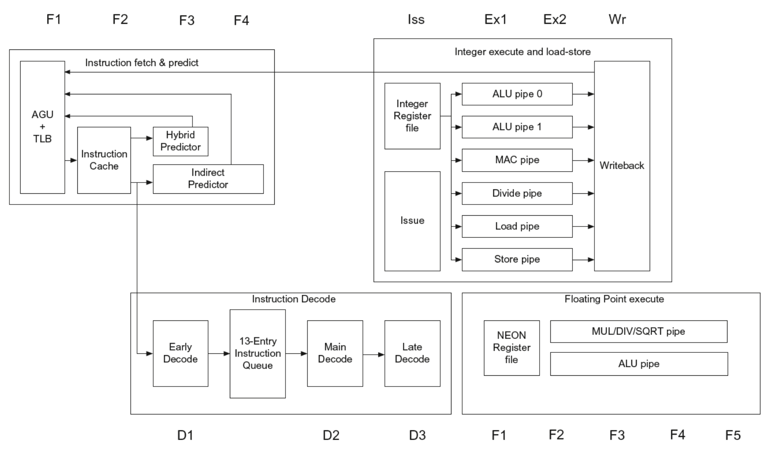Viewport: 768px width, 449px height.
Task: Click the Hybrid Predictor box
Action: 180,141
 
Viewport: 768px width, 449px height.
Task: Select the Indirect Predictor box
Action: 208,179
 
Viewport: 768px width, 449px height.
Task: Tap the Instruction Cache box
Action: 104,160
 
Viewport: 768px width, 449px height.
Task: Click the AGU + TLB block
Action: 42,127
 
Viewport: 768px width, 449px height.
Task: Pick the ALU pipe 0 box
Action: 517,94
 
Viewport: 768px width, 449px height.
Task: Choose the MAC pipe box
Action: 517,160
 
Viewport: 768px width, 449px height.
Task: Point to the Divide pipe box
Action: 517,193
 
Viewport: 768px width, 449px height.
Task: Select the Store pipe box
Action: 517,259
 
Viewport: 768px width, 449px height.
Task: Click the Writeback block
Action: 622,166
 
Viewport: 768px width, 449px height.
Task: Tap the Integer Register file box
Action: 412,116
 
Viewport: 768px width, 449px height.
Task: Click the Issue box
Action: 412,221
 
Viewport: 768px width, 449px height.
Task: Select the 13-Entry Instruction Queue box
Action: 258,353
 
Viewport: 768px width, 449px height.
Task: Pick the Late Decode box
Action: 412,353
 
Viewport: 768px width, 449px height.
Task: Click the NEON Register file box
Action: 512,347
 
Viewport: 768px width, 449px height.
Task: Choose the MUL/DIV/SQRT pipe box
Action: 639,332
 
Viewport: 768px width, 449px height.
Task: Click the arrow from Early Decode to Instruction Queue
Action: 219,354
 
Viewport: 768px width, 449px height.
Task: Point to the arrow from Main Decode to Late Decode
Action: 374,355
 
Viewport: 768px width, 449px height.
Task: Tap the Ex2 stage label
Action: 555,19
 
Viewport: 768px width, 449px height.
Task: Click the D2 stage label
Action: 331,435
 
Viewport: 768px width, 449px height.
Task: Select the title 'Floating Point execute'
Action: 614,299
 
